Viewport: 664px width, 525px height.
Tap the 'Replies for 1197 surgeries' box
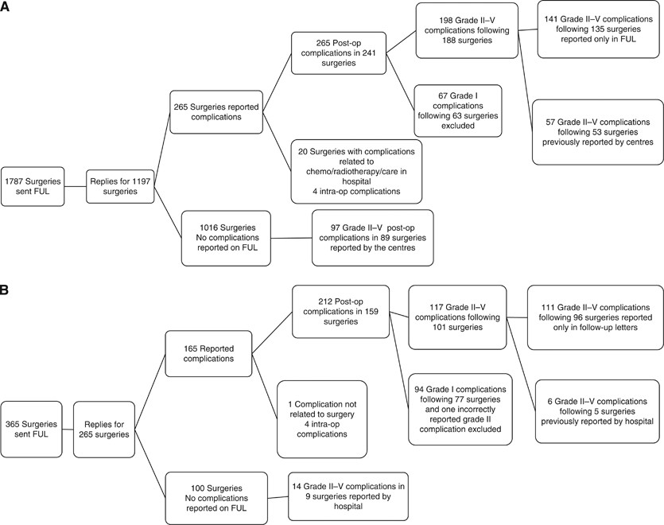pyautogui.click(x=118, y=186)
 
